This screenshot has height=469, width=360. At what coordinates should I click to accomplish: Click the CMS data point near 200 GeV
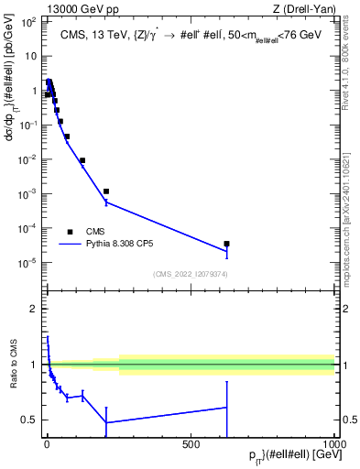coord(106,191)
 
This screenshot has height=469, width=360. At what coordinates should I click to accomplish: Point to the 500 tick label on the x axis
coord(191,444)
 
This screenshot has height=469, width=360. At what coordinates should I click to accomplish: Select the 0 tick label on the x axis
coord(47,444)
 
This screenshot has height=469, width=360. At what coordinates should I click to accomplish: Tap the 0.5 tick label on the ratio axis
coord(29,420)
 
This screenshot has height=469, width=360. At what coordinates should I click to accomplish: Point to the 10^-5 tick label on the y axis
coord(28,263)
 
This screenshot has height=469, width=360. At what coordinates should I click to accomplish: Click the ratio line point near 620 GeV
coord(226,407)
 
